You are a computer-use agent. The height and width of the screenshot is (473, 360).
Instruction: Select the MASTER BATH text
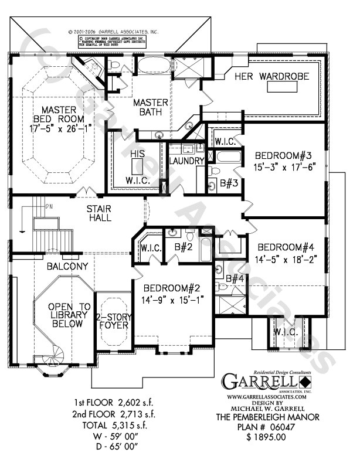[151, 108]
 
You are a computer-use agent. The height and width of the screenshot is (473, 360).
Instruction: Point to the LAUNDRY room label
[186, 160]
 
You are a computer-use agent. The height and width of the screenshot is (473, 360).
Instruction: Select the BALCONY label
[68, 266]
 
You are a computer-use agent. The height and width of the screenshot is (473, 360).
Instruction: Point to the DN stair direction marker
[49, 206]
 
